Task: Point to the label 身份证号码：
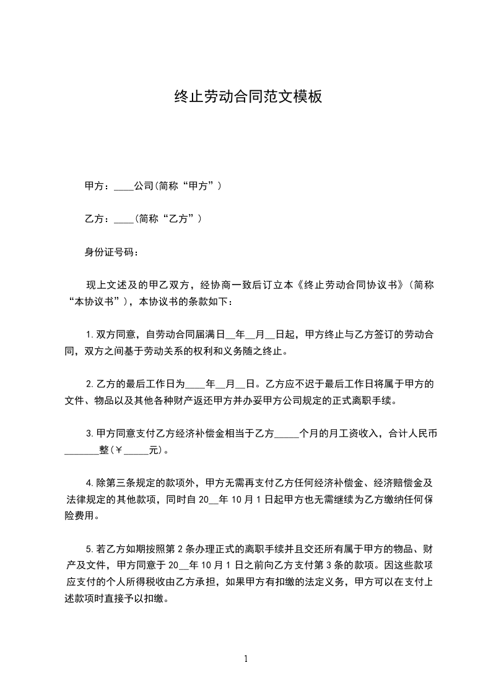point(112,252)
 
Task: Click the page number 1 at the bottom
point(246,659)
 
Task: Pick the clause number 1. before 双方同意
point(89,335)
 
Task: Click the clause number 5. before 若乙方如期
point(89,549)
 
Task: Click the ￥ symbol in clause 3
point(120,450)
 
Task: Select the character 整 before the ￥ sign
point(104,450)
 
